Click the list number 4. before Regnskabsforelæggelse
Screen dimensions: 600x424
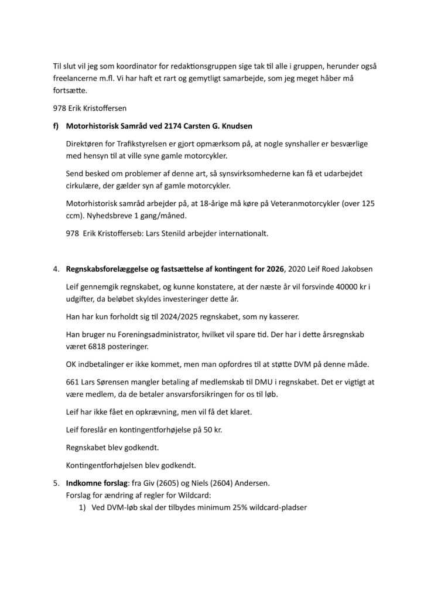(x=56, y=270)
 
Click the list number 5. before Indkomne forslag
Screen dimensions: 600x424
(x=56, y=485)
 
